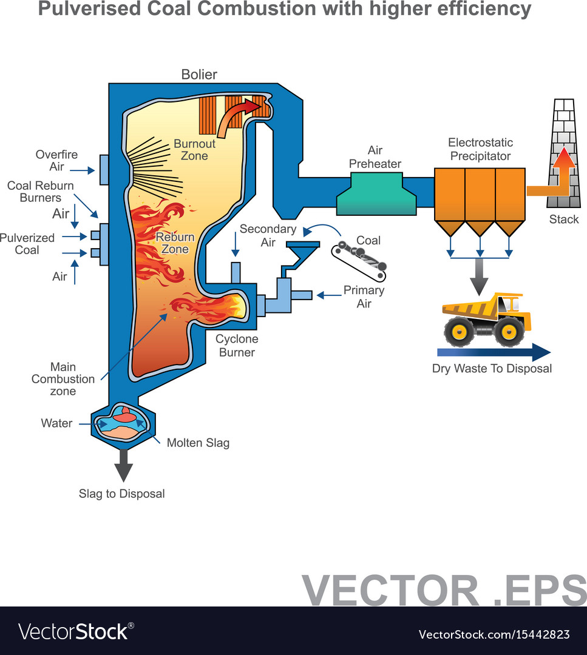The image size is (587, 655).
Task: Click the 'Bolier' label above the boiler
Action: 199,75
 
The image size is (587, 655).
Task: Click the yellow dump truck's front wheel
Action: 508,331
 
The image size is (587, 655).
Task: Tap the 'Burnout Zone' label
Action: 194,150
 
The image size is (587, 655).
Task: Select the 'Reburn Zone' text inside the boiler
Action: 175,243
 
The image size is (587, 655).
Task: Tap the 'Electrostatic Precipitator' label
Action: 480,149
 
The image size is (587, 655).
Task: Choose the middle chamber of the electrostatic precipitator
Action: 480,194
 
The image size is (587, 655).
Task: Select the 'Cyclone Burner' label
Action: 237,346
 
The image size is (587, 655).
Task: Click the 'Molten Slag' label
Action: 198,443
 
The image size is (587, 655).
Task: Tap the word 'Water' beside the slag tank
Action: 56,423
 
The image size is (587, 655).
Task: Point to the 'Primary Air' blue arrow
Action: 329,295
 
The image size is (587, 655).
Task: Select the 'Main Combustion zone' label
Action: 63,379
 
